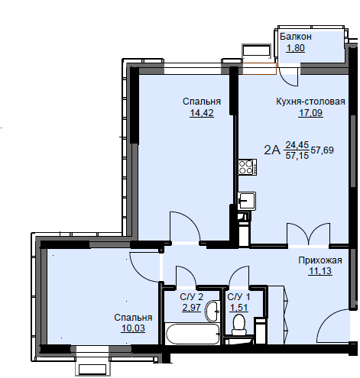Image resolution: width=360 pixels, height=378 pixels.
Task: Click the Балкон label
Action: click(x=296, y=37)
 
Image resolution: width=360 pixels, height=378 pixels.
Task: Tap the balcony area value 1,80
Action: click(x=296, y=48)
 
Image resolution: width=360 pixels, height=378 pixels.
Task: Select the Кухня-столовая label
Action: click(x=310, y=102)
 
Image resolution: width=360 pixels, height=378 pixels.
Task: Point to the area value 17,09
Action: click(x=310, y=112)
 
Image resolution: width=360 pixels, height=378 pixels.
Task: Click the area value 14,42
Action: click(x=202, y=112)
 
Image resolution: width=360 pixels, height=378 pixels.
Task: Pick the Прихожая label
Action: click(x=320, y=260)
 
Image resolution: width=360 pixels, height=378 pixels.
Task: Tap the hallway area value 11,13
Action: click(x=320, y=271)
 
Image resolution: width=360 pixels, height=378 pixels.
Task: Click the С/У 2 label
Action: click(x=191, y=297)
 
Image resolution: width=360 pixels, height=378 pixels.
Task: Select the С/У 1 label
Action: click(x=238, y=297)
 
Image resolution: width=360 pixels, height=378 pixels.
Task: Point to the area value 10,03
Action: click(x=133, y=328)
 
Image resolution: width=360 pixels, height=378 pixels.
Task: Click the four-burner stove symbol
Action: click(x=247, y=167)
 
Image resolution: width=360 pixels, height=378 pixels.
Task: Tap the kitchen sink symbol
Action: click(x=247, y=201)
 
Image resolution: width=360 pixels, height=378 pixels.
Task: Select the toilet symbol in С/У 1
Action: click(x=239, y=325)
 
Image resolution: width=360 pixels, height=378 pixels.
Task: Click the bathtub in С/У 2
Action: click(x=193, y=334)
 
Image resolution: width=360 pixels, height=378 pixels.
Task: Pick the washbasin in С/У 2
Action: click(x=212, y=311)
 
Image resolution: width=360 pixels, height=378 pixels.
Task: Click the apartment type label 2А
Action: click(x=272, y=150)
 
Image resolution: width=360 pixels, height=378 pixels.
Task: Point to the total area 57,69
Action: click(x=322, y=150)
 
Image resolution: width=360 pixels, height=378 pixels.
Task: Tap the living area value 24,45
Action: click(x=297, y=145)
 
